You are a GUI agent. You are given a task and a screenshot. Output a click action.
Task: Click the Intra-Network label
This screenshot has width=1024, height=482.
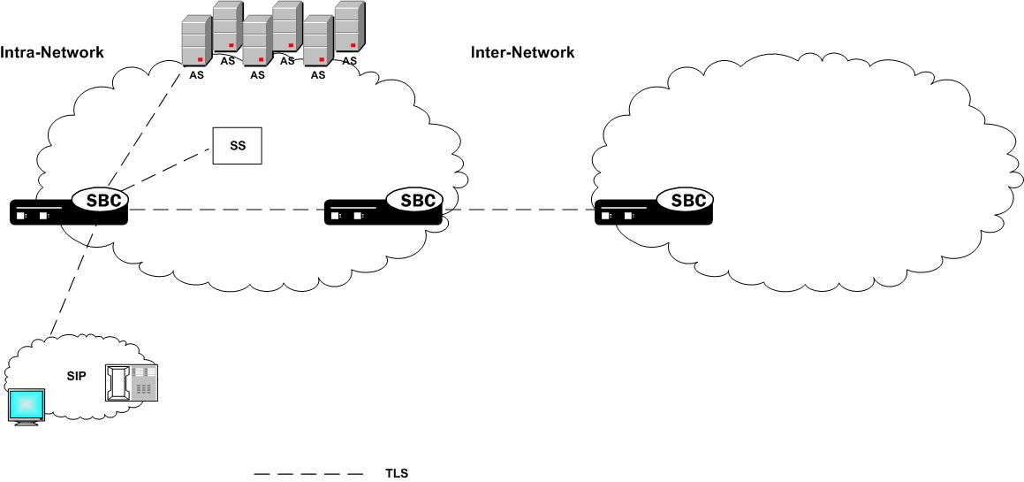[52, 52]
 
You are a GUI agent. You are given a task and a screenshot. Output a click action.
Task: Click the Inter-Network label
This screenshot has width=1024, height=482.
[522, 52]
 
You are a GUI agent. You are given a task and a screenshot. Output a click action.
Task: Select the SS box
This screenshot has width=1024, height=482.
[238, 145]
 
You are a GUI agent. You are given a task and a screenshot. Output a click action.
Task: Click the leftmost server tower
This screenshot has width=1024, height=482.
[196, 42]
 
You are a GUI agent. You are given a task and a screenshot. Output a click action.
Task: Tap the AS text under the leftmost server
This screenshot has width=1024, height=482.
[196, 75]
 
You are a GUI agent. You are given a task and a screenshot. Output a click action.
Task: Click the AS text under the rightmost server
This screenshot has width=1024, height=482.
[350, 61]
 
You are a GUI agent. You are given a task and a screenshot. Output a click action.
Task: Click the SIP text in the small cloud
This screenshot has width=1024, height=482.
[77, 375]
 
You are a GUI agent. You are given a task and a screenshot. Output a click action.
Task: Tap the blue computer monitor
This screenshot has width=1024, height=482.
[26, 406]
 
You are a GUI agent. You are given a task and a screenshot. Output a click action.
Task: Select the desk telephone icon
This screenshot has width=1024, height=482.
[131, 383]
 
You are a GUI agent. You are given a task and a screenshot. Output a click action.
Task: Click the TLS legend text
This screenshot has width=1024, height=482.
[397, 473]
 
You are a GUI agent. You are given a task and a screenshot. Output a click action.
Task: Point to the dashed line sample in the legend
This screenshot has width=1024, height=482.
[307, 474]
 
